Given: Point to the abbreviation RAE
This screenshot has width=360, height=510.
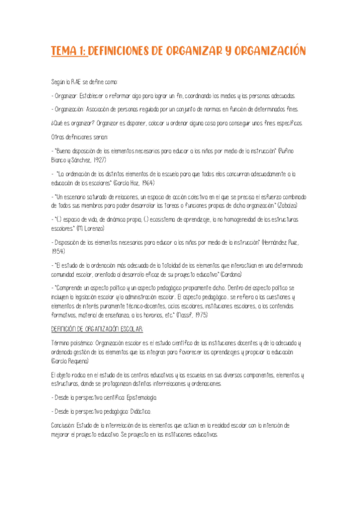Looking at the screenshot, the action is (75, 82).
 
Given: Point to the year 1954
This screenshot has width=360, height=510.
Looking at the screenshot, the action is (59, 251).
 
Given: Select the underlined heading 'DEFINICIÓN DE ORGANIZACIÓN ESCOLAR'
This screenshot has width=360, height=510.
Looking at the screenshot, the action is (97, 330).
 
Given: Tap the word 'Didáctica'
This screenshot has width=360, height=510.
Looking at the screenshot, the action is (139, 411).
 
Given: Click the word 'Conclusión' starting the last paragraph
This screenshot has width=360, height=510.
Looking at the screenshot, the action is (64, 425).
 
